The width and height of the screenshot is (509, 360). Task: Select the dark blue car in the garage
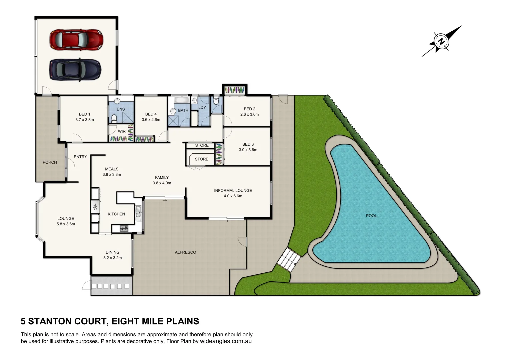(75, 69)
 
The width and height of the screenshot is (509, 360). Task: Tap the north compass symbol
(441, 42)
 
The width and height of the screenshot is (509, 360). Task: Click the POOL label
(371, 216)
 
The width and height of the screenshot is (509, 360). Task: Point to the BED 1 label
(85, 114)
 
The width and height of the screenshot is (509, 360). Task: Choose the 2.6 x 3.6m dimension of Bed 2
(249, 114)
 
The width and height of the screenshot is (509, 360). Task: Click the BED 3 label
(248, 144)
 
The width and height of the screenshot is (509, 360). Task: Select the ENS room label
(121, 109)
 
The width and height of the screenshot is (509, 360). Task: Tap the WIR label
(122, 131)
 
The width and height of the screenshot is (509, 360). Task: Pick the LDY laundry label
(202, 107)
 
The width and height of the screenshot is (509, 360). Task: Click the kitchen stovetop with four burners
(124, 228)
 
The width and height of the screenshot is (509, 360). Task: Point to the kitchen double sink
(138, 214)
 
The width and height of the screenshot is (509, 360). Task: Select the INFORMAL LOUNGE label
(233, 191)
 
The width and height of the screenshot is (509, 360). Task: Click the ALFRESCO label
(185, 252)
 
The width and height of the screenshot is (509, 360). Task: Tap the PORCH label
(50, 162)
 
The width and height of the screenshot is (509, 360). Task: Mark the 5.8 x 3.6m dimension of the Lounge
(66, 224)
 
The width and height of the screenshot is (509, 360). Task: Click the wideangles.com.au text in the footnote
(226, 341)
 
